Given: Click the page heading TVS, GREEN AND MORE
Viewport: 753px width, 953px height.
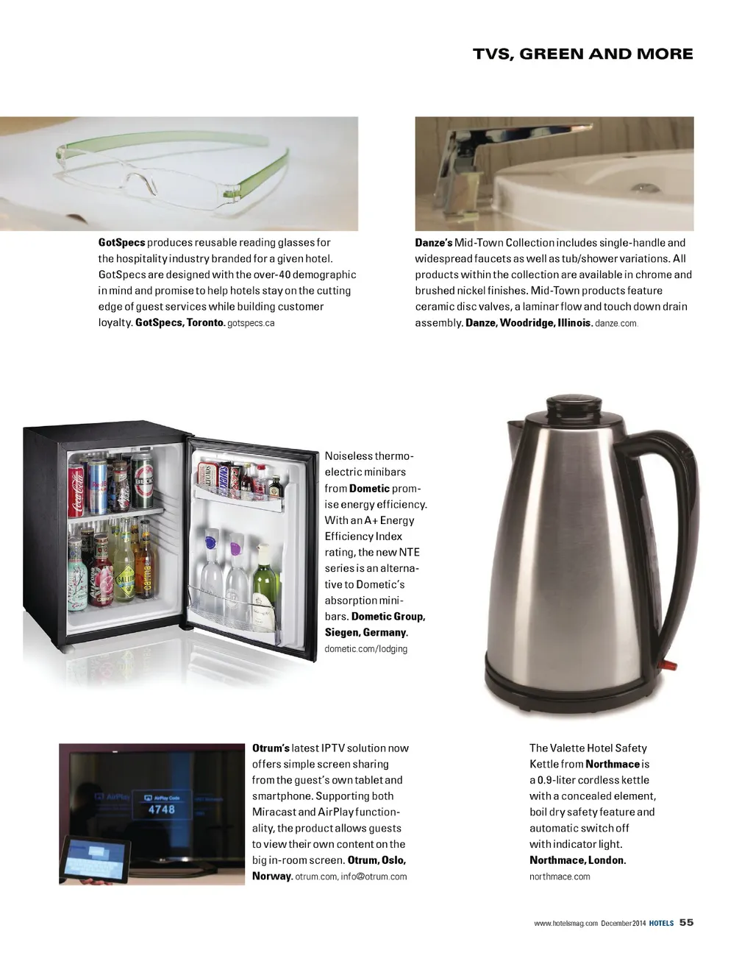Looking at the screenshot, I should (582, 54).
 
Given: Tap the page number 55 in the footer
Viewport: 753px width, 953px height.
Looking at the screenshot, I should (686, 922).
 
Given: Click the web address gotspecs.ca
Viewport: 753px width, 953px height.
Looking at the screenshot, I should (251, 324).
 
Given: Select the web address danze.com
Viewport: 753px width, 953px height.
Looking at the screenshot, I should (615, 324).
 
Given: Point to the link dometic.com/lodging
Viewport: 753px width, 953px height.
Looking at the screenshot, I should (365, 649).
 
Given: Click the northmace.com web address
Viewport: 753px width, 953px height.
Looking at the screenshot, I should (560, 876).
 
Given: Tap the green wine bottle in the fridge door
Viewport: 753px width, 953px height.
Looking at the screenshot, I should (264, 585).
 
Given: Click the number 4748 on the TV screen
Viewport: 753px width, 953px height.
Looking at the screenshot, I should (162, 809).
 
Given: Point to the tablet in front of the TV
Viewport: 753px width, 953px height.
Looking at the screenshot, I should (96, 860).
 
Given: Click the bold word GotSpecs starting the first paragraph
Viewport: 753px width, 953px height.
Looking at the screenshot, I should (121, 243).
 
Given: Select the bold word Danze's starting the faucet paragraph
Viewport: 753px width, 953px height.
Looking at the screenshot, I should (433, 243).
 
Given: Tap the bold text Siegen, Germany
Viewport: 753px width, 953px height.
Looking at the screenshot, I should (365, 633).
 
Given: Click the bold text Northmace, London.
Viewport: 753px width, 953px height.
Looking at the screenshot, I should (577, 860).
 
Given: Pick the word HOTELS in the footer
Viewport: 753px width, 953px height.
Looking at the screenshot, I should (661, 923).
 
